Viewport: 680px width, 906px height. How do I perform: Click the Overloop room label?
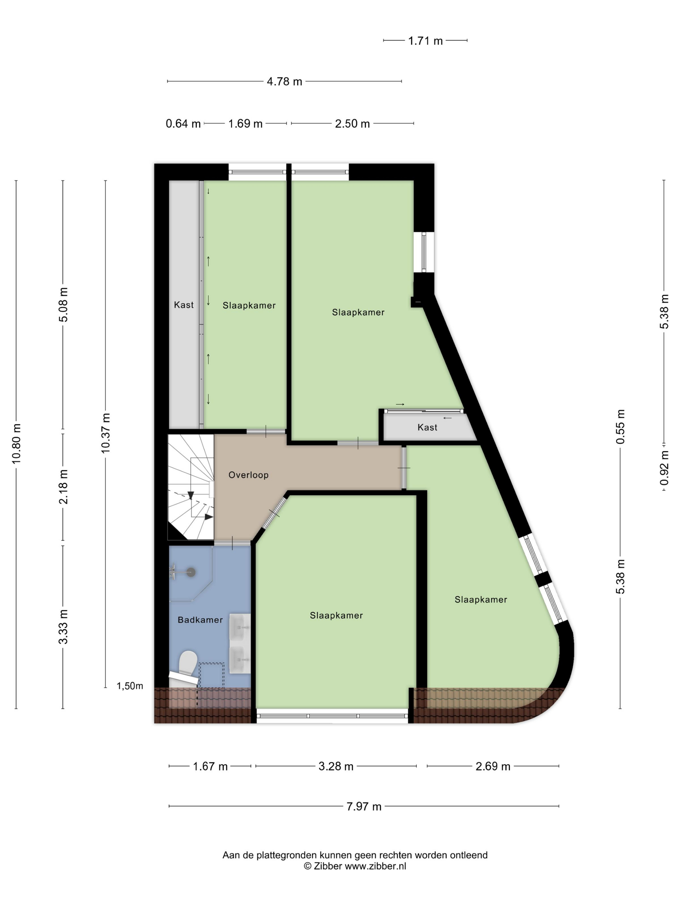tap(248, 475)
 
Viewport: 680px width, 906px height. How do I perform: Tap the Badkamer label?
tap(200, 620)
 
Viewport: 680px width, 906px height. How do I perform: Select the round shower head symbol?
tap(191, 572)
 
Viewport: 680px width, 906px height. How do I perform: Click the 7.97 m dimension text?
tap(364, 806)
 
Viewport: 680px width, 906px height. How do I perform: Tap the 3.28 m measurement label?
tap(336, 766)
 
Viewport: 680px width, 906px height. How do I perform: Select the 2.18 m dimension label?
tap(63, 487)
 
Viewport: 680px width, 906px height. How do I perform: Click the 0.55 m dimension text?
tap(620, 426)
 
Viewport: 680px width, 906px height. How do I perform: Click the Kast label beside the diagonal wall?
tap(427, 427)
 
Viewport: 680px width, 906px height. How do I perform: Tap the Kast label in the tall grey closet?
tap(184, 304)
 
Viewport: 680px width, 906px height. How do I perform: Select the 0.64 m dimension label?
tap(183, 124)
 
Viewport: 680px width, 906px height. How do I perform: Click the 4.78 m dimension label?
tap(284, 82)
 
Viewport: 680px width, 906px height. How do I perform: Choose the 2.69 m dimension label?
tap(493, 766)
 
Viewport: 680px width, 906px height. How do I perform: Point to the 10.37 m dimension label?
tap(106, 433)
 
